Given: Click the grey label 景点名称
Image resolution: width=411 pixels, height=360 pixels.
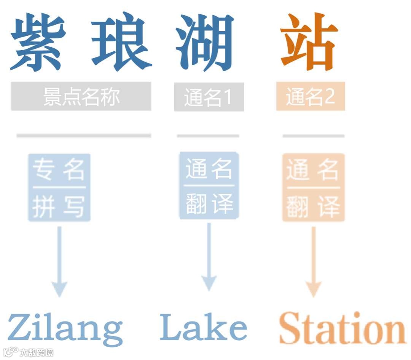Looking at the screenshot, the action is click(81, 96).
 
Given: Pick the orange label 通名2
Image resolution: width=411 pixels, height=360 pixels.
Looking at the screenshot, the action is click(311, 96).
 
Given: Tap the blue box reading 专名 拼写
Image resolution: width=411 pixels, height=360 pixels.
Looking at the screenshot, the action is click(59, 187).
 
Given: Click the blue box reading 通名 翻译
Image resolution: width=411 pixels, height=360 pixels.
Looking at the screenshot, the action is click(209, 186).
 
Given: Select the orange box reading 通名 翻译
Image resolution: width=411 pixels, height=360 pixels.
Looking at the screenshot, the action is click(313, 187).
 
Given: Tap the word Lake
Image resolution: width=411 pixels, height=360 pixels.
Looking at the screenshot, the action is click(203, 327).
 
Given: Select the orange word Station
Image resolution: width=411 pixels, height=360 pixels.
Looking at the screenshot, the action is click(341, 328).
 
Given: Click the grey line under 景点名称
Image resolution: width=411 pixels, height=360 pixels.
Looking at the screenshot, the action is click(84, 135).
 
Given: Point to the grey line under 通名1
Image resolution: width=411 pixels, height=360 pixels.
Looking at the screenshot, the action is click(208, 135).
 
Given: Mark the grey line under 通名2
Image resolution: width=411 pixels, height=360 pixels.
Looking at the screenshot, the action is click(313, 135).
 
